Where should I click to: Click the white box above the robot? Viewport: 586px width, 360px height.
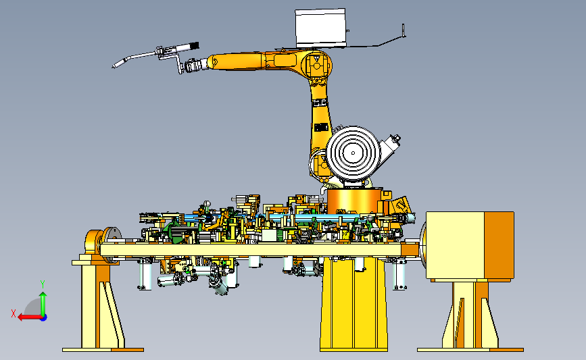(x=320, y=28)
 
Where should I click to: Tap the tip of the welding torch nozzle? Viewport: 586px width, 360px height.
(x=113, y=68)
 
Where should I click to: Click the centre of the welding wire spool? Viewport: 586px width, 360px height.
(x=353, y=153)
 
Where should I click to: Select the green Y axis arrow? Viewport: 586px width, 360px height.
(x=43, y=305)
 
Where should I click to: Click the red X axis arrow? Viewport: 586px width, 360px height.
(x=30, y=317)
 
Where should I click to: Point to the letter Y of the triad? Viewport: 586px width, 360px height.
(x=43, y=284)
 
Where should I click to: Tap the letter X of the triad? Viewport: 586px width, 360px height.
(x=14, y=313)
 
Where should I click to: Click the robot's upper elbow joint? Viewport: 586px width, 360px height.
(x=316, y=66)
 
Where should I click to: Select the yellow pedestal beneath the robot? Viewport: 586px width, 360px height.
(x=353, y=305)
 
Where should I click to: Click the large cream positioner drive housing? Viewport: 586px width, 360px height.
(x=455, y=246)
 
